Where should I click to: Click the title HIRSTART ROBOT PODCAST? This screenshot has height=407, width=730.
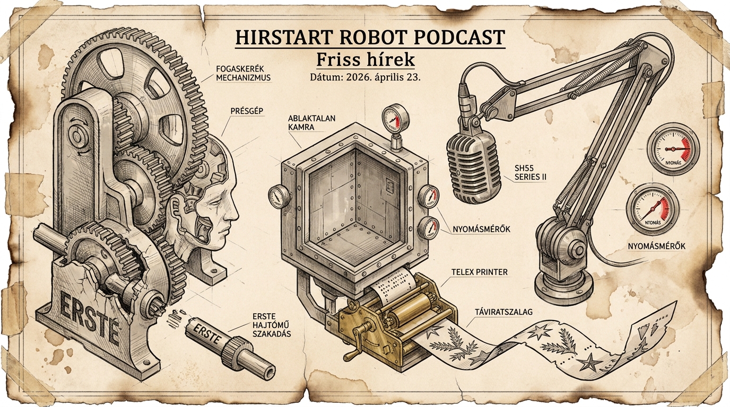(x=370, y=38)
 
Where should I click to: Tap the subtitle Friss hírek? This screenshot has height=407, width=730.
(x=365, y=59)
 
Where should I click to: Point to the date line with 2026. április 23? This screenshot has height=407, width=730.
(x=365, y=77)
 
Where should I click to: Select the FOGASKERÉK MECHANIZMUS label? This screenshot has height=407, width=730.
(x=244, y=73)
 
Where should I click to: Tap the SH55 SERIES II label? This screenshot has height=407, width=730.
(x=530, y=172)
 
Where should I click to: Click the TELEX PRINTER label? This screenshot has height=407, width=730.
(x=479, y=272)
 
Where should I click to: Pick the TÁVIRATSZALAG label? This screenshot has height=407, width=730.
(x=501, y=312)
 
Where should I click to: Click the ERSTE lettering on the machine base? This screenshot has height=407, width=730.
(x=87, y=315)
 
